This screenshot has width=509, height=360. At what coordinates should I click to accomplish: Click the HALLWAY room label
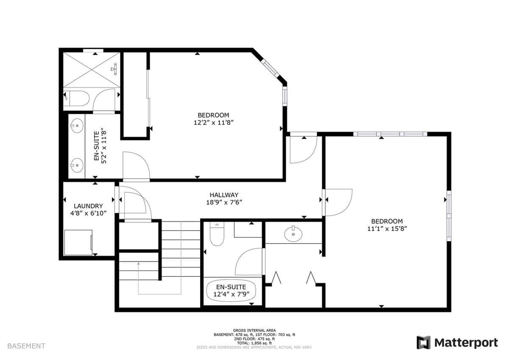pos(224,195)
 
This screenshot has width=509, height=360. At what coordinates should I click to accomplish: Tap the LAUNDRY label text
pos(88,206)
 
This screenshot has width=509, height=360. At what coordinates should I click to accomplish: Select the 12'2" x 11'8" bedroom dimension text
pos(214,123)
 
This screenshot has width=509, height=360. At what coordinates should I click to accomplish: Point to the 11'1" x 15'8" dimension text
pos(387,228)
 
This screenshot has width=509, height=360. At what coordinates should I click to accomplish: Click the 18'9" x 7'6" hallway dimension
pos(224,202)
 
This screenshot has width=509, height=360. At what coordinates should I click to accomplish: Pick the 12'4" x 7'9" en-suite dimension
pos(231,294)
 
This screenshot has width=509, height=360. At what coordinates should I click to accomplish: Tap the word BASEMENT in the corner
pos(26,346)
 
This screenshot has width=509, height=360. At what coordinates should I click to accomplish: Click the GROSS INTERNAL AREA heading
pos(254,330)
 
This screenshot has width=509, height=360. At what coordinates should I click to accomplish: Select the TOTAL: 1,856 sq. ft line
pos(254,343)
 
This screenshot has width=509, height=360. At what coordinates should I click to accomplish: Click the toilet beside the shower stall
pos(76,98)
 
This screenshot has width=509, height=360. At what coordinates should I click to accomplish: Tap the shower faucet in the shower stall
pos(114,69)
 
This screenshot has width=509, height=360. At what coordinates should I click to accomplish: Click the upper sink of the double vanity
pos(77,126)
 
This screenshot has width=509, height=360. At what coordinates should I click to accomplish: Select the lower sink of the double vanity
pos(77,165)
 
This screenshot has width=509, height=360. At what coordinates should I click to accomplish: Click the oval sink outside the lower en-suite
pos(293,234)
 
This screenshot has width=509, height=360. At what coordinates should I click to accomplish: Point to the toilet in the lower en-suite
pos(217,234)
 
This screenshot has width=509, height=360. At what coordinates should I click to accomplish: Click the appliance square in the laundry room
pos(78,242)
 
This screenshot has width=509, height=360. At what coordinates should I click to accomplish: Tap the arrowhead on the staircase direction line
pos(138,263)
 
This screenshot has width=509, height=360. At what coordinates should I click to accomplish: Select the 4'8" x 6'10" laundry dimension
pos(88,213)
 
